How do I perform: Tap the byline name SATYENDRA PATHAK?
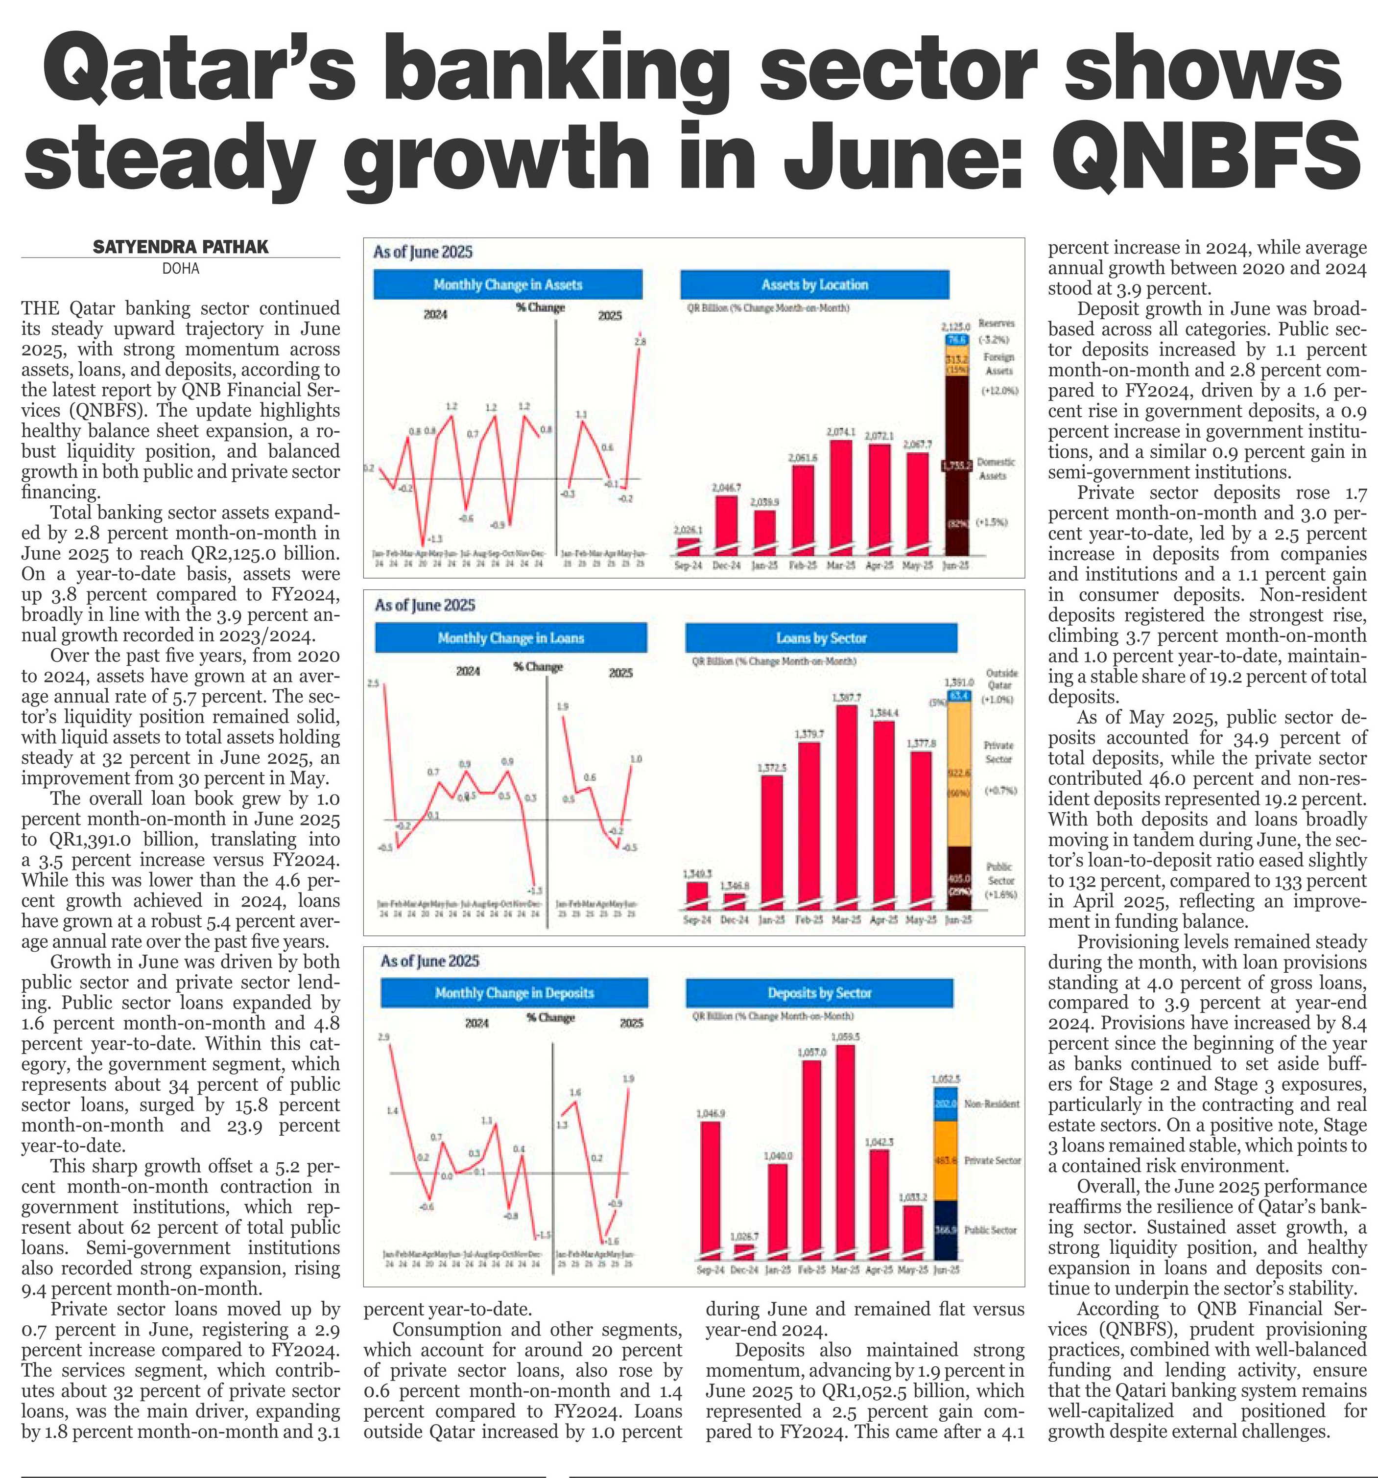[181, 247]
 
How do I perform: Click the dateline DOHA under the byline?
[181, 268]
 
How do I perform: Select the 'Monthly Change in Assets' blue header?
[508, 285]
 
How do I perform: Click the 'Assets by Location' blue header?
[814, 285]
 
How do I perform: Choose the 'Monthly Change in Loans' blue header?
[511, 638]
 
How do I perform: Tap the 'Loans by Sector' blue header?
[821, 638]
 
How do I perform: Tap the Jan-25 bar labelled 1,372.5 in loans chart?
[772, 840]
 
